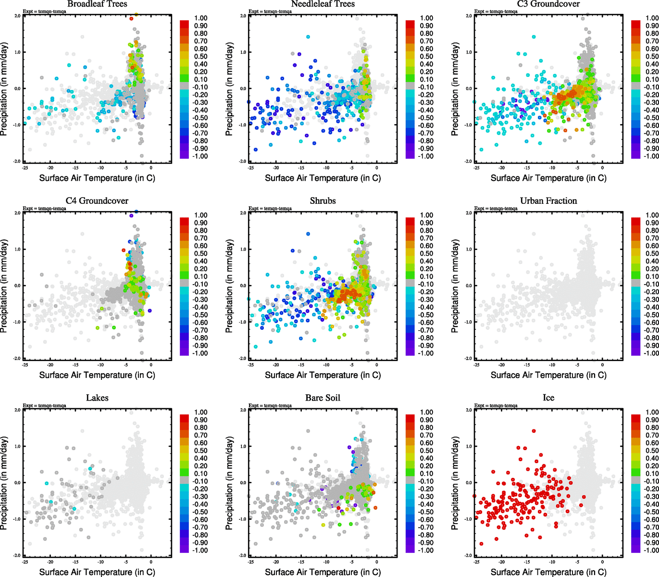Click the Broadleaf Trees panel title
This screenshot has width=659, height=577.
(97, 4)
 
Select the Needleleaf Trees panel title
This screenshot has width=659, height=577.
(323, 4)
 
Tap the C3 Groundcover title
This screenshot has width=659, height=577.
(548, 4)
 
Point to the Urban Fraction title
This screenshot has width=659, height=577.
(548, 201)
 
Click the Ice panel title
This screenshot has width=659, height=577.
(548, 398)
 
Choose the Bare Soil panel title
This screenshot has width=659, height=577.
(323, 398)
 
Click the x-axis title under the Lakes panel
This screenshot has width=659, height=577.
(97, 572)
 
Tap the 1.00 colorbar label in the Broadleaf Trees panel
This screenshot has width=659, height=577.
(201, 18)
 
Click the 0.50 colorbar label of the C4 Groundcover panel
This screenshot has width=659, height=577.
(201, 254)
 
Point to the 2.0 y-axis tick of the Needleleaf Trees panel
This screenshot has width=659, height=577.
(243, 16)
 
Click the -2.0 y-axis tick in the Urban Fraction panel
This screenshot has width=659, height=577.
(469, 359)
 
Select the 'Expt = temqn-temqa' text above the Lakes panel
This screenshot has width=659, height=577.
(44, 406)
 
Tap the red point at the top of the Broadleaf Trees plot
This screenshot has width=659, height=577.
(131, 19)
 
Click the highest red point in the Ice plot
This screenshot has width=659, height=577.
(534, 431)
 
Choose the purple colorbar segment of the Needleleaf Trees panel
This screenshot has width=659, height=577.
(410, 153)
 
